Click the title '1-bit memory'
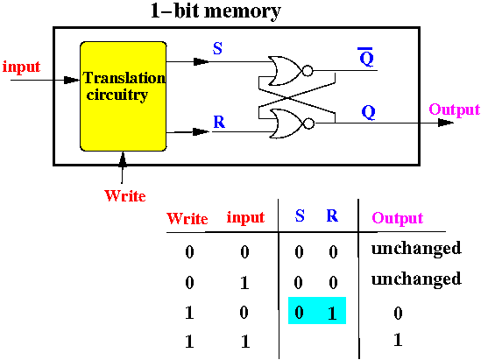[x=216, y=11]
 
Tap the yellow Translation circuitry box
[x=124, y=96]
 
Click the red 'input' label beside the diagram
[x=21, y=67]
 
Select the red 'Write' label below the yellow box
[x=125, y=196]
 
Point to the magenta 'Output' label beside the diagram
[x=455, y=109]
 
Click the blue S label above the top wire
[x=217, y=48]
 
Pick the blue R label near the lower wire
[x=219, y=122]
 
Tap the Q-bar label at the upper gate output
[x=366, y=57]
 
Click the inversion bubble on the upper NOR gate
[x=308, y=71]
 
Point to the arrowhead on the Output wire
[x=446, y=123]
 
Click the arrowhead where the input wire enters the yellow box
[x=72, y=80]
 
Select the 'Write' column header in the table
[x=187, y=219]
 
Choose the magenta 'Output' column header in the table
[x=398, y=218]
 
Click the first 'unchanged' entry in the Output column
[x=416, y=248]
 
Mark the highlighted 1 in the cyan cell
[x=332, y=314]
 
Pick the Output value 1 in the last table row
[x=398, y=340]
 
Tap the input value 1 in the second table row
[x=244, y=283]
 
